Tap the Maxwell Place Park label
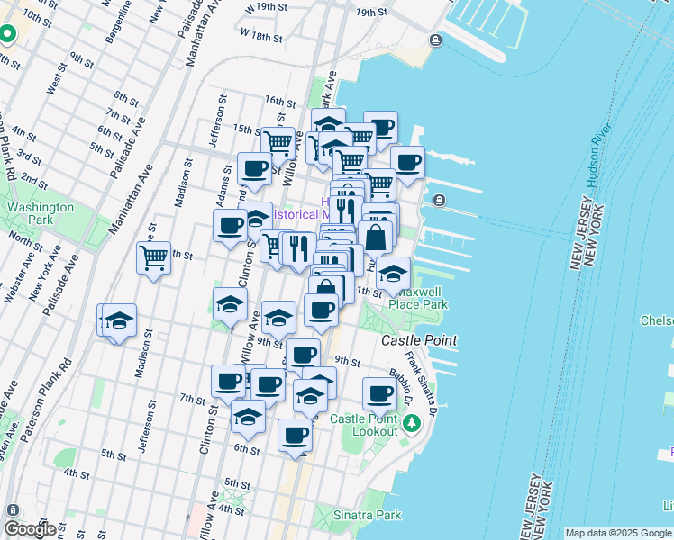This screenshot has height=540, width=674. pos(418,298)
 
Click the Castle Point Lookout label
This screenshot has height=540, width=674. pos(363,425)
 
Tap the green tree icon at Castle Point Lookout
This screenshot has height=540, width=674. pos(412,422)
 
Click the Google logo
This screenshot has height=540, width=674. pos(31,529)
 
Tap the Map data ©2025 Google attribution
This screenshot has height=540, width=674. pos(617,533)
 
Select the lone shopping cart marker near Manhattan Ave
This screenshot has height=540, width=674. pos(154,258)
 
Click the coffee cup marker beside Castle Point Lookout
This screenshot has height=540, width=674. pos(380,393)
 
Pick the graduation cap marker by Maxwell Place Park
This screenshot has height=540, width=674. pos(393,273)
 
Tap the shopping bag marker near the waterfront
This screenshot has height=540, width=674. pos(377,238)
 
